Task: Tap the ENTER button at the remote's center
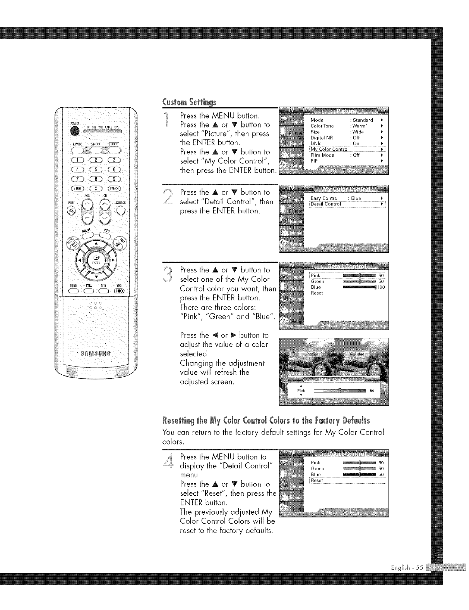[94, 258]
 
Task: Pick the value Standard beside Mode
[362, 120]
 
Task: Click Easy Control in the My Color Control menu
[325, 198]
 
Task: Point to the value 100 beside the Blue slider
[381, 287]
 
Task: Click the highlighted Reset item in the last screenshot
[317, 481]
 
